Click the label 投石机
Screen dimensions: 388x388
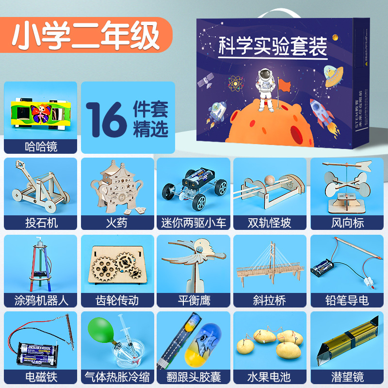click(40, 223)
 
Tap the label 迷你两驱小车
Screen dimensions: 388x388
click(194, 223)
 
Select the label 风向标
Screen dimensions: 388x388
click(347, 223)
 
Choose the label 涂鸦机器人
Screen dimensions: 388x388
click(40, 300)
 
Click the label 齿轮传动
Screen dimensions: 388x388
click(117, 300)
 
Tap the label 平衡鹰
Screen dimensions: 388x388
click(194, 300)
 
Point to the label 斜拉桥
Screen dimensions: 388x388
click(270, 300)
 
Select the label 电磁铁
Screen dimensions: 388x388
click(40, 376)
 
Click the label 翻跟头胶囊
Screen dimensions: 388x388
click(194, 376)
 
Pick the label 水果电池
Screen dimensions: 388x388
click(270, 376)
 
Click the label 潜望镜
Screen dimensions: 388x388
click(347, 376)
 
